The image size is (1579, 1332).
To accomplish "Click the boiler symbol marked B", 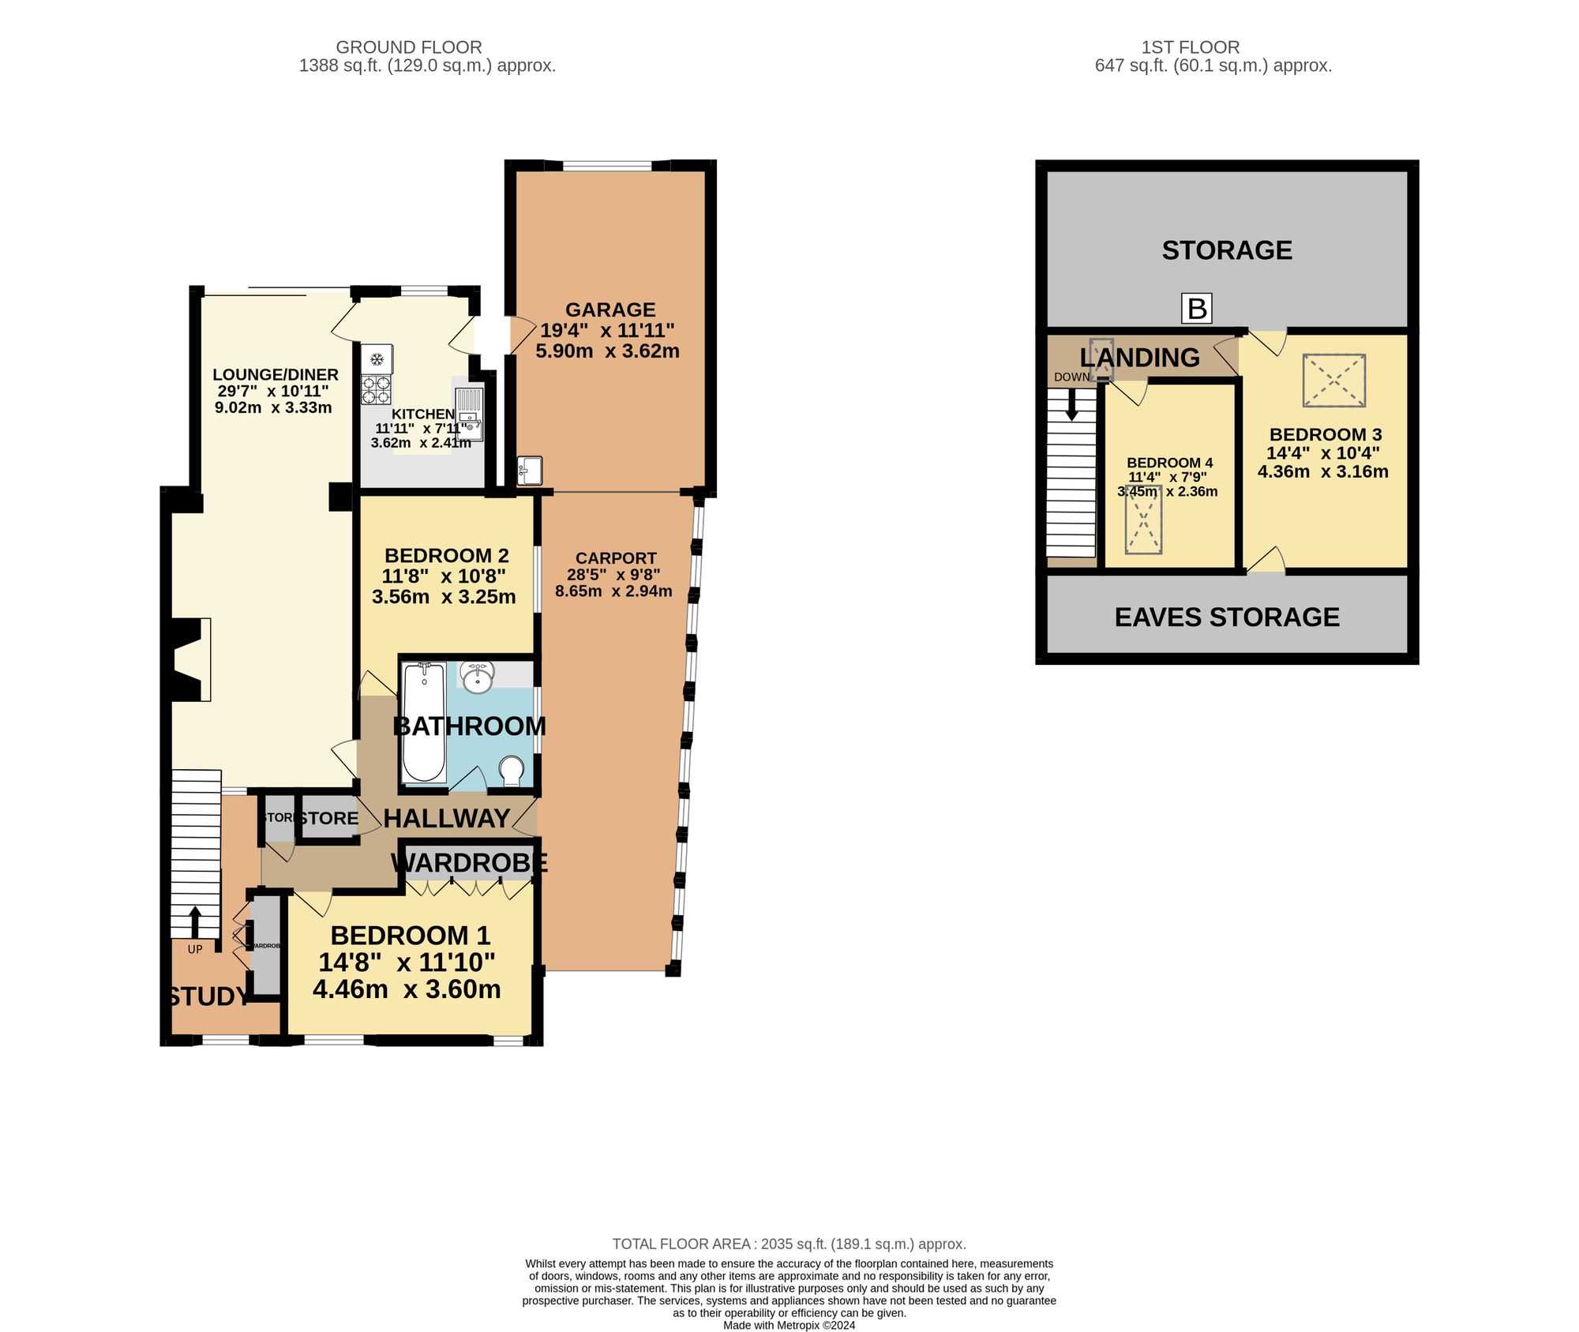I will coord(1197,309).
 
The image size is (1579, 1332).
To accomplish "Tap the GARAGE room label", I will coord(610,310).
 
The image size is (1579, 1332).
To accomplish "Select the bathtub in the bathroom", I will coord(424,722).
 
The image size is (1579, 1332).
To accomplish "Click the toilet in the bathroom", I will coord(512,771).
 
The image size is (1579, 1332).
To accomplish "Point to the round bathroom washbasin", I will coord(478,677).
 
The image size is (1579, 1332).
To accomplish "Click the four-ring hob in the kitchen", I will coord(377,389).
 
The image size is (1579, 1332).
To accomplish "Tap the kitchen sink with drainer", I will coord(469,414).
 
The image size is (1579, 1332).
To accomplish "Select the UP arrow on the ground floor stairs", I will coord(195,921).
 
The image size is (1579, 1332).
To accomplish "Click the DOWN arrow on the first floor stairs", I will coord(1071,406).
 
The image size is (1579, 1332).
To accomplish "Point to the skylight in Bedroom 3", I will coord(1333,381).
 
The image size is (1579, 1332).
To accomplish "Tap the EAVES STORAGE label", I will coord(1227,617).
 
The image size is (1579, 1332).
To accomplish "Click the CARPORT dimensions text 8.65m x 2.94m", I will coord(613,591).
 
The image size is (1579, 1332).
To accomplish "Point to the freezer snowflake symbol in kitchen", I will coord(377,360).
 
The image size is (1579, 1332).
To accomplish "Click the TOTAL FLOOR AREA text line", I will coord(789,1244).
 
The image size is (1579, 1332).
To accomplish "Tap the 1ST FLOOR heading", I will coord(1190,47).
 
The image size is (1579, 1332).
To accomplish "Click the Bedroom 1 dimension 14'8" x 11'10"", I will coord(407,962).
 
